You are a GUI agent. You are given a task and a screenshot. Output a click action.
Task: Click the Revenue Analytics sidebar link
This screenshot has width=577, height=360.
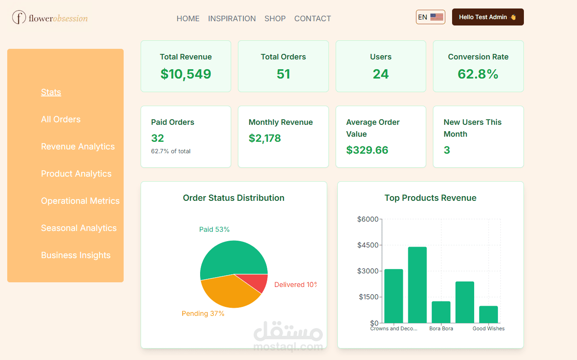coord(78,146)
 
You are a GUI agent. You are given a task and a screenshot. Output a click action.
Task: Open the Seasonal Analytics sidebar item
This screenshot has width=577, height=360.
coord(79,228)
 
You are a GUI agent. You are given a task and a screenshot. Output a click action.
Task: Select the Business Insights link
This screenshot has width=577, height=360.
coord(76,255)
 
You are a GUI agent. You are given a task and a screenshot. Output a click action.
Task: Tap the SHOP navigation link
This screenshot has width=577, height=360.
coord(275,19)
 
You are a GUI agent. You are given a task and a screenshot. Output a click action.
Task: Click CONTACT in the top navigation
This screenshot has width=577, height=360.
coord(312,19)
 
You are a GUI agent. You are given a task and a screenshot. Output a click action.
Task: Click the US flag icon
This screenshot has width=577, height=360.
coord(436,17)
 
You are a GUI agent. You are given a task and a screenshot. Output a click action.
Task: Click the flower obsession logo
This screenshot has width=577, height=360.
coord(50,18)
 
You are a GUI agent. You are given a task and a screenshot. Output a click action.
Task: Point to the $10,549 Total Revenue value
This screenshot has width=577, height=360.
coord(186,74)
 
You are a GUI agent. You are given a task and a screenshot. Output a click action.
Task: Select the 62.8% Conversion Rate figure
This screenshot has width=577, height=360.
coord(478,74)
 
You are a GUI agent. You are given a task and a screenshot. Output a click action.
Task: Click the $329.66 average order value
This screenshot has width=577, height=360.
coord(367,150)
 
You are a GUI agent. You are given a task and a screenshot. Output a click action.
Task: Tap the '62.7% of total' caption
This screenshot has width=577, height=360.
coord(171,151)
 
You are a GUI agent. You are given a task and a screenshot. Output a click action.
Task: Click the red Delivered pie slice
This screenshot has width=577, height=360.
coord(256,282)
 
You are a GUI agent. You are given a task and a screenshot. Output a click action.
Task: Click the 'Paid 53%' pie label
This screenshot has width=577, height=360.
coord(214,230)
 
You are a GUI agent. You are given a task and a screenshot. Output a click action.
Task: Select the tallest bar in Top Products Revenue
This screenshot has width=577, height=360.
coord(417,284)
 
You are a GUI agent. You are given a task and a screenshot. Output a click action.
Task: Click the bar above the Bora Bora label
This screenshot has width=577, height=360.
coord(441,312)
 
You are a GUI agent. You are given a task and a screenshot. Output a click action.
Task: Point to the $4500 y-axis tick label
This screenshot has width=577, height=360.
coord(368,245)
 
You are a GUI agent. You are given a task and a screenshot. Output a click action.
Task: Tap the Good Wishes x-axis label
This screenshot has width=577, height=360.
coord(489,329)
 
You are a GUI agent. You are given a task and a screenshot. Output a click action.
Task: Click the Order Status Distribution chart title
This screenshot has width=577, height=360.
coord(234,198)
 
